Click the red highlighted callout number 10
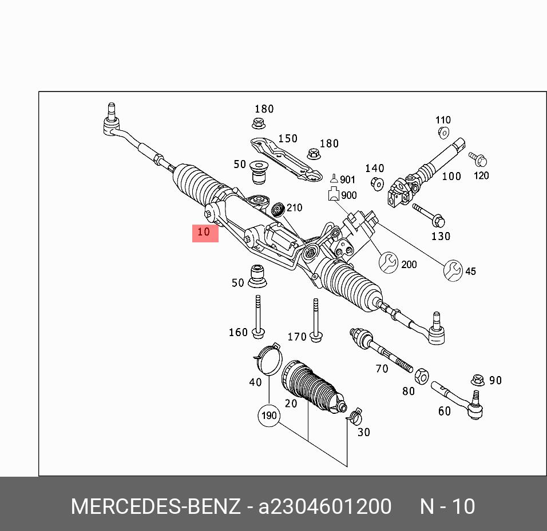click(205, 233)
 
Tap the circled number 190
click(269, 416)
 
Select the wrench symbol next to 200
click(389, 262)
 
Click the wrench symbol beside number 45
click(453, 270)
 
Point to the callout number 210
click(294, 207)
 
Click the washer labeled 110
click(443, 133)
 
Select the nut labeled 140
click(377, 183)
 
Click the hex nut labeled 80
click(421, 376)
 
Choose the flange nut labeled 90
click(478, 380)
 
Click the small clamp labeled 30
click(355, 416)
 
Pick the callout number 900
click(348, 195)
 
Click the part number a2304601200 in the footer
click(326, 506)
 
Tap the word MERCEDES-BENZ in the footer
click(155, 506)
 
